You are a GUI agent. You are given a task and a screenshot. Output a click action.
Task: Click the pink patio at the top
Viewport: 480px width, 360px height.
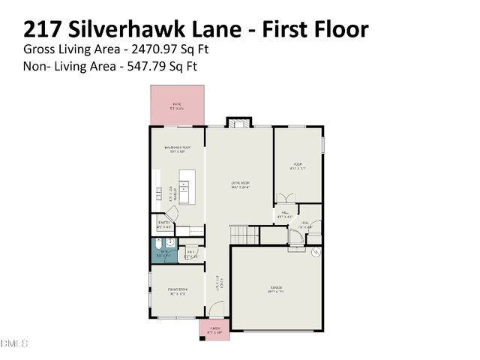tap(177, 105)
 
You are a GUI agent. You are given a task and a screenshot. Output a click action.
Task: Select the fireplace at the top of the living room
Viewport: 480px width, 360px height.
tap(240, 123)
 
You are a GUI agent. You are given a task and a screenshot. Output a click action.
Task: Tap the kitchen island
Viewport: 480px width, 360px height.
tap(185, 187)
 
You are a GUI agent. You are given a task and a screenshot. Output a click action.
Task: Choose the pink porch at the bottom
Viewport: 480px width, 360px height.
tap(214, 329)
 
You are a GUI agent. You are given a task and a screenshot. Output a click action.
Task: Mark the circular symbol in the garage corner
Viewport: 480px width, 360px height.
tap(316, 253)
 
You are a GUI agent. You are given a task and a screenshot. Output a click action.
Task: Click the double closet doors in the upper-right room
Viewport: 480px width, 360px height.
tap(286, 199)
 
